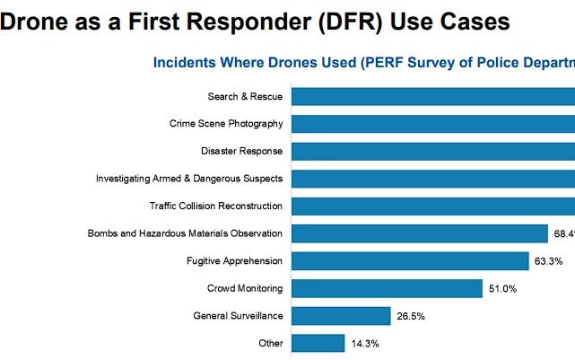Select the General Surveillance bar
coord(341,316)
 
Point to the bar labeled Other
coord(318,343)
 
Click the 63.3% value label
coord(548,261)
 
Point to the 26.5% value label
coord(410,316)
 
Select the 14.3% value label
coord(365,344)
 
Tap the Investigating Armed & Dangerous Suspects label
coord(189,179)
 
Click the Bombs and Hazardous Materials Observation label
coord(185,233)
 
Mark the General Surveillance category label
coord(239,316)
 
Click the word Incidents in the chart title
coord(187,63)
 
